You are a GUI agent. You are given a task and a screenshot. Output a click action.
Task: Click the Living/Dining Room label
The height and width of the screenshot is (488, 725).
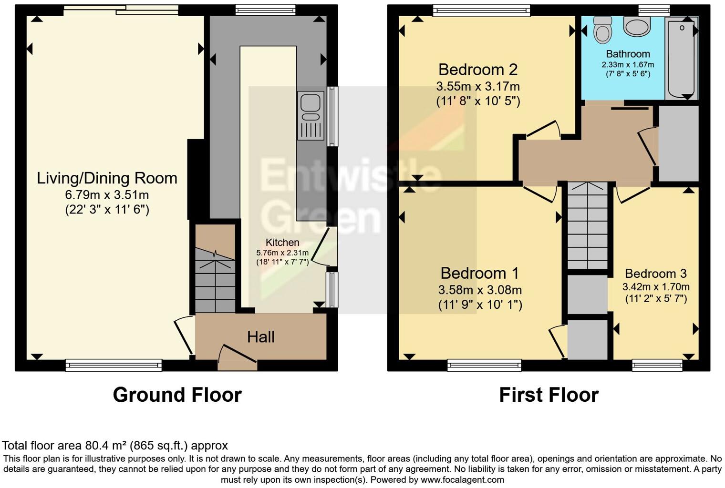107,178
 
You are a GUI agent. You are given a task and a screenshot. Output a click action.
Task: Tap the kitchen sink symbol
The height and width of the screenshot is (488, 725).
311,115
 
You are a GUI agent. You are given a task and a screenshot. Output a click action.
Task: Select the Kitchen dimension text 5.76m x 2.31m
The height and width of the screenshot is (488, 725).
282,253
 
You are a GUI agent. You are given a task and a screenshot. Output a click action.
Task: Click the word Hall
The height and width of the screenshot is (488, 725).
260,337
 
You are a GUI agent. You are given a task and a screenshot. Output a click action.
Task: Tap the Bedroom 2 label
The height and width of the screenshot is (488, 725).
478,70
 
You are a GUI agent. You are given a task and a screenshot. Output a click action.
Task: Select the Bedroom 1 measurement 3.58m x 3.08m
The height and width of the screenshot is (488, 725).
480,290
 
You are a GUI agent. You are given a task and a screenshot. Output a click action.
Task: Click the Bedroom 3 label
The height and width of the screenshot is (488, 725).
655,274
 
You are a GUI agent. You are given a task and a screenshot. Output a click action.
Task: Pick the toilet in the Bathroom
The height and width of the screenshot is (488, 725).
602,30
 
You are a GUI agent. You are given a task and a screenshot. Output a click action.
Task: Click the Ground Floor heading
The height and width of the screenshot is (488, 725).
177,395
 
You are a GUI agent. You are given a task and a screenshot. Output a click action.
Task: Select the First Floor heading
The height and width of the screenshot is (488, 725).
549,395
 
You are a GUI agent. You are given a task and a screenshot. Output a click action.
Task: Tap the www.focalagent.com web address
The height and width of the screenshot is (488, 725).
462,480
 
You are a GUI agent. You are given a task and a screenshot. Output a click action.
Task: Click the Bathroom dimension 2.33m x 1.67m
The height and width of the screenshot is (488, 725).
628,65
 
